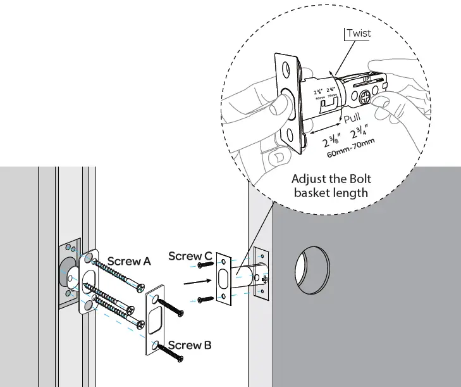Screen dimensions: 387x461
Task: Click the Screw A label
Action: (129, 260)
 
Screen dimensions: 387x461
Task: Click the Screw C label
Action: (190, 256)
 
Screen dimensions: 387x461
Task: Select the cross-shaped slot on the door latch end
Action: (264, 279)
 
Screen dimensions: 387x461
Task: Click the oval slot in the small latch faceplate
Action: (224, 278)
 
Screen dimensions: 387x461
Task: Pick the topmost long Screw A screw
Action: (116, 271)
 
